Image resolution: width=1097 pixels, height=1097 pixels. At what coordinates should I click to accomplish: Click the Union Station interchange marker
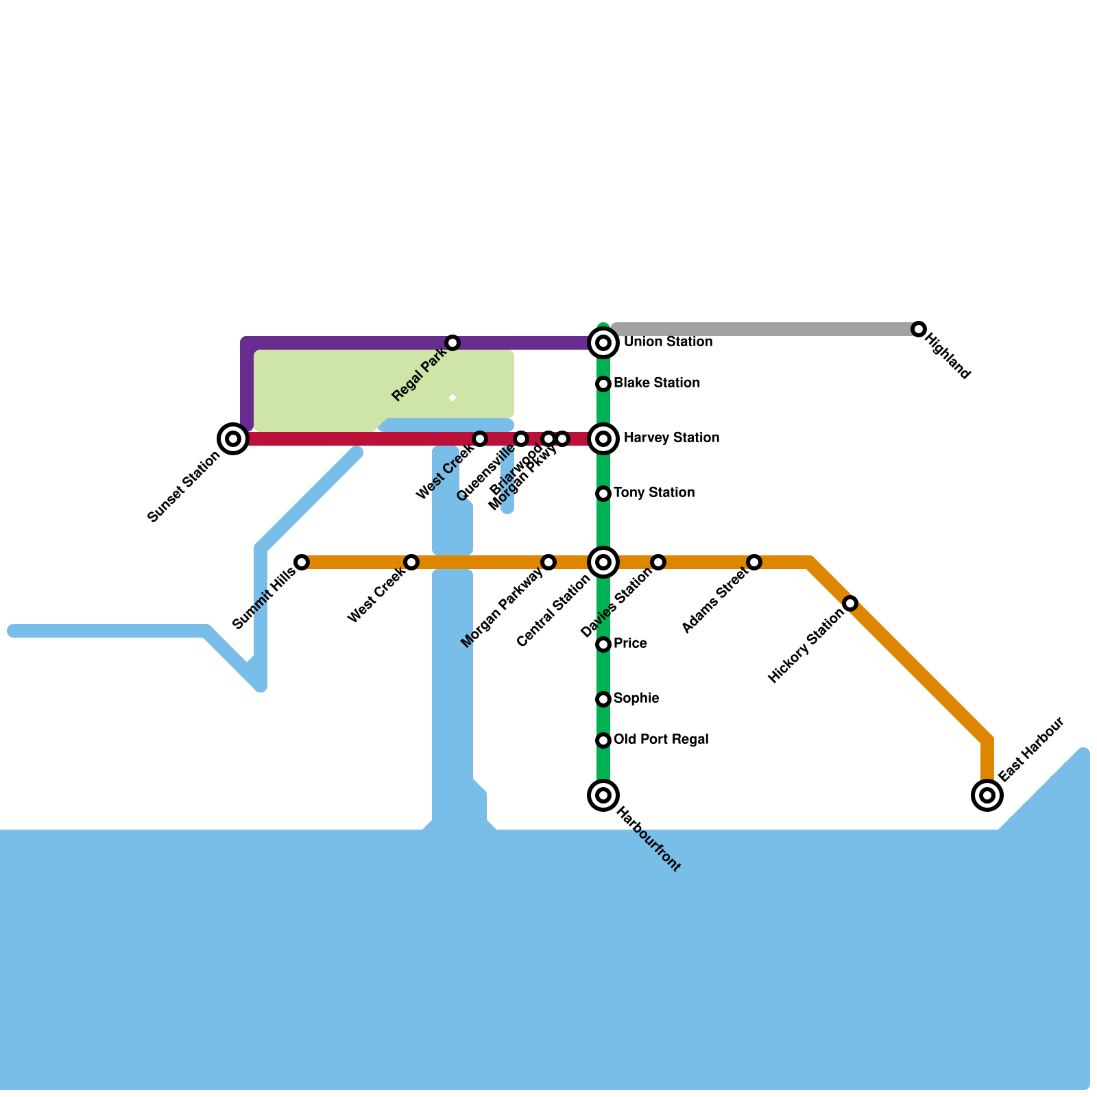(x=603, y=342)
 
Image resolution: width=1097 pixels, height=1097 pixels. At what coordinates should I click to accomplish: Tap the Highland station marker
(x=919, y=329)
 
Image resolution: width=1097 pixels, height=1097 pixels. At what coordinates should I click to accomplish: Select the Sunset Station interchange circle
(x=233, y=439)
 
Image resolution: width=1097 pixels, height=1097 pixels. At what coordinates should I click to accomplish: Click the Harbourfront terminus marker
(x=603, y=795)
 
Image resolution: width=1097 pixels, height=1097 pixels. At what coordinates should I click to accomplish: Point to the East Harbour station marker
(x=987, y=795)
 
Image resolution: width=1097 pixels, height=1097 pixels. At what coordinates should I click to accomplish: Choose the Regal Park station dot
(x=453, y=343)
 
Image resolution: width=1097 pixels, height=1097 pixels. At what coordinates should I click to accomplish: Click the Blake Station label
(x=657, y=383)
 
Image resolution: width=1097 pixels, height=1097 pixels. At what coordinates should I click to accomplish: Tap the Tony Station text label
(x=654, y=492)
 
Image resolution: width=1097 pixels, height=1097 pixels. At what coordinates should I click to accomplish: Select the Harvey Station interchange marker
(x=603, y=439)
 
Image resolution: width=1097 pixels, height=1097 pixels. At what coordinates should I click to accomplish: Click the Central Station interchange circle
(x=603, y=562)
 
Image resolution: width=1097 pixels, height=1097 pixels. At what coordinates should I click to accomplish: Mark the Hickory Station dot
(x=850, y=603)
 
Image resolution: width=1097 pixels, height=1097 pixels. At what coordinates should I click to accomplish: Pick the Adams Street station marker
(x=754, y=562)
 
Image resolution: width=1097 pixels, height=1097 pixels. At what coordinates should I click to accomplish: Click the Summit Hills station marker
(x=302, y=562)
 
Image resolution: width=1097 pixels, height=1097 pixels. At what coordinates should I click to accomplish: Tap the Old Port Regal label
(x=661, y=739)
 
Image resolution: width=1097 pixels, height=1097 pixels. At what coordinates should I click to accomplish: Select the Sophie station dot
(x=603, y=699)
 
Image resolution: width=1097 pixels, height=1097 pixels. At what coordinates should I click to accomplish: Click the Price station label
(x=630, y=643)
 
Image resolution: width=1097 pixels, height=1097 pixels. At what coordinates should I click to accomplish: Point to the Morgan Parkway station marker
(x=548, y=562)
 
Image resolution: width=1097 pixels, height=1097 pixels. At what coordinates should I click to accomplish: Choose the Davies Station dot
(x=658, y=562)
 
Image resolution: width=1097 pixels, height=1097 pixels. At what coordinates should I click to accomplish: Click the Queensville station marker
(x=521, y=439)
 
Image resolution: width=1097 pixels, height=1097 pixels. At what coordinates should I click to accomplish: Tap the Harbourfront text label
(x=649, y=840)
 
